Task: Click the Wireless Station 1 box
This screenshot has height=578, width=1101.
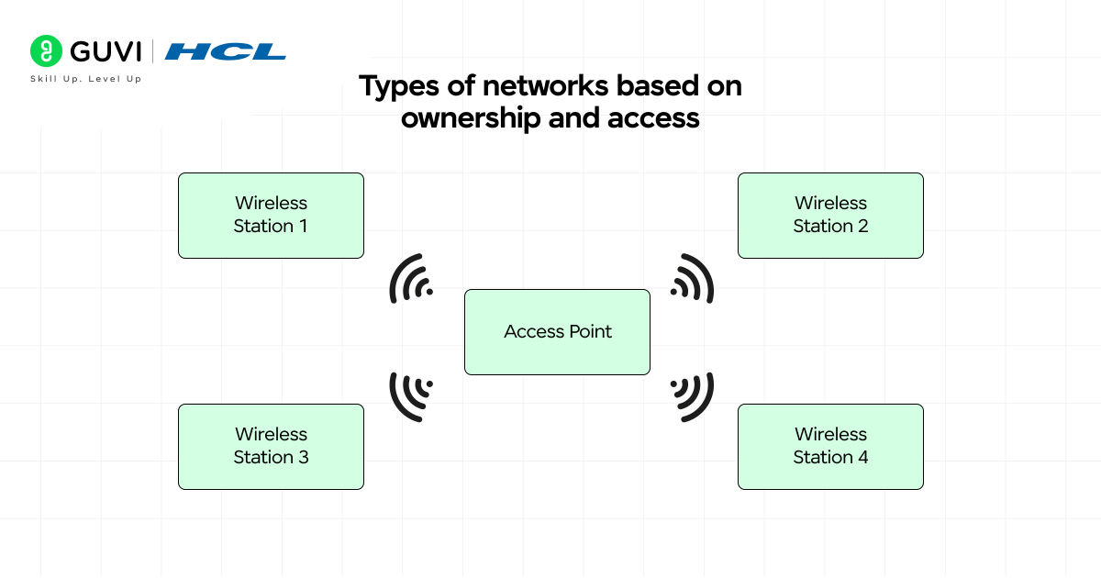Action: pyautogui.click(x=271, y=216)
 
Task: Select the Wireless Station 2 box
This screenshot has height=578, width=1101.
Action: pyautogui.click(x=830, y=216)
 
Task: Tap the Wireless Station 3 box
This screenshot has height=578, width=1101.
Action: pyautogui.click(x=271, y=447)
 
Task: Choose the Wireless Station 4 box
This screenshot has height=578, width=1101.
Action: pyautogui.click(x=830, y=447)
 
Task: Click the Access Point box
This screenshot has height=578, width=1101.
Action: pyautogui.click(x=557, y=332)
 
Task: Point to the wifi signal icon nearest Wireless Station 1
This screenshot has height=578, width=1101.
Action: pyautogui.click(x=412, y=279)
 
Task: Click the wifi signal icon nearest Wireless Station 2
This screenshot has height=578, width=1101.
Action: pyautogui.click(x=692, y=279)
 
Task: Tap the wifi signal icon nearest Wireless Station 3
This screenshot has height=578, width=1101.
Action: pyautogui.click(x=412, y=395)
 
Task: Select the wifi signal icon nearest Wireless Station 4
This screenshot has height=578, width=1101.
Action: pyautogui.click(x=692, y=395)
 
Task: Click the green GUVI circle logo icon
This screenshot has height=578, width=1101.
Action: pyautogui.click(x=46, y=51)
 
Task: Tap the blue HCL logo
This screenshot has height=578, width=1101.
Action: pyautogui.click(x=226, y=51)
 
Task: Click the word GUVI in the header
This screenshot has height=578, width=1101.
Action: pyautogui.click(x=105, y=51)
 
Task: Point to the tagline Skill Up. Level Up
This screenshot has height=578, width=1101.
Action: pyautogui.click(x=86, y=79)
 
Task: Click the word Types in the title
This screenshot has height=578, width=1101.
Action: pyautogui.click(x=394, y=87)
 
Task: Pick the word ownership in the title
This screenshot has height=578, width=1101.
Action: pyautogui.click(x=470, y=119)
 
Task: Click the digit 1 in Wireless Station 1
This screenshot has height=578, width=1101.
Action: pyautogui.click(x=303, y=227)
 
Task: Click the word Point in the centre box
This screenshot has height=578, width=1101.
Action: pyautogui.click(x=588, y=332)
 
